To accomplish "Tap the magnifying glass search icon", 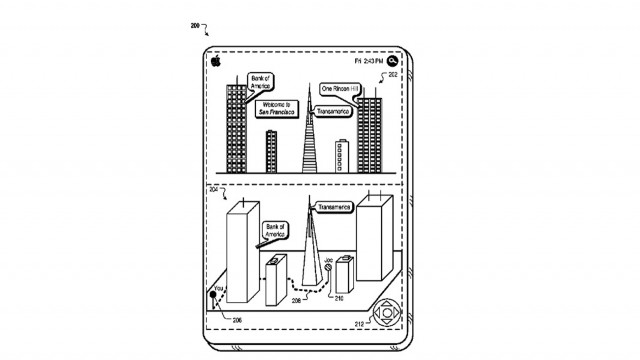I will (x=393, y=60).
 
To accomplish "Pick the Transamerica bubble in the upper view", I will (x=341, y=112).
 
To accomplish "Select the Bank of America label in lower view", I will (x=276, y=232).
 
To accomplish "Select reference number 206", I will (x=237, y=320).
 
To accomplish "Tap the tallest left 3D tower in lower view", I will (x=242, y=255).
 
